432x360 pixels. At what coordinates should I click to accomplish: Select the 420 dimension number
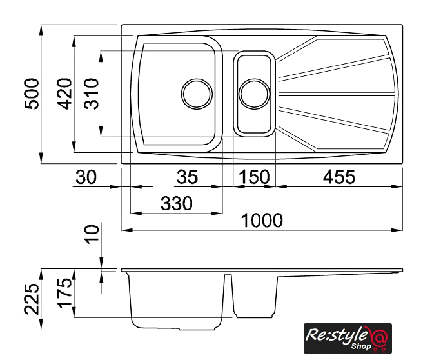tap(64, 94)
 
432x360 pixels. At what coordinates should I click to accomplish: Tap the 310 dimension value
tap(92, 94)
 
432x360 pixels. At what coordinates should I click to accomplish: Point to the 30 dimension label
tap(86, 177)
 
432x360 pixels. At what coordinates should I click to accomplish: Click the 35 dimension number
tap(188, 177)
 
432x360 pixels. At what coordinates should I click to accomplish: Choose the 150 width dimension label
tap(255, 177)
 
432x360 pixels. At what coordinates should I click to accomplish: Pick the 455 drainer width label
tap(339, 177)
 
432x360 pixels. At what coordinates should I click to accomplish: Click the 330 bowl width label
tap(176, 204)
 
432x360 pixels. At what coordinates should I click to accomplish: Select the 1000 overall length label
tap(262, 221)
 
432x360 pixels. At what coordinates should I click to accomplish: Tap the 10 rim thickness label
tap(92, 234)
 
